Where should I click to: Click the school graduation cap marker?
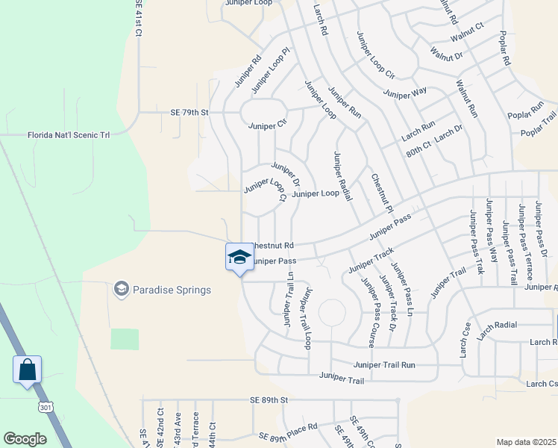[239, 258]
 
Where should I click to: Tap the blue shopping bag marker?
[27, 369]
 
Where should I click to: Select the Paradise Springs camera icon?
[120, 289]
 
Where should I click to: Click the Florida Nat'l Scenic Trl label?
[69, 135]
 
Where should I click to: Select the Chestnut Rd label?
[272, 245]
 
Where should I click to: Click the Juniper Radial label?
[342, 176]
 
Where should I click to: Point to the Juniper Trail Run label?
[384, 365]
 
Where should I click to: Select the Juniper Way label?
[404, 92]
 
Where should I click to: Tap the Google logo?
[25, 439]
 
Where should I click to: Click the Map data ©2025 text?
[526, 442]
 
